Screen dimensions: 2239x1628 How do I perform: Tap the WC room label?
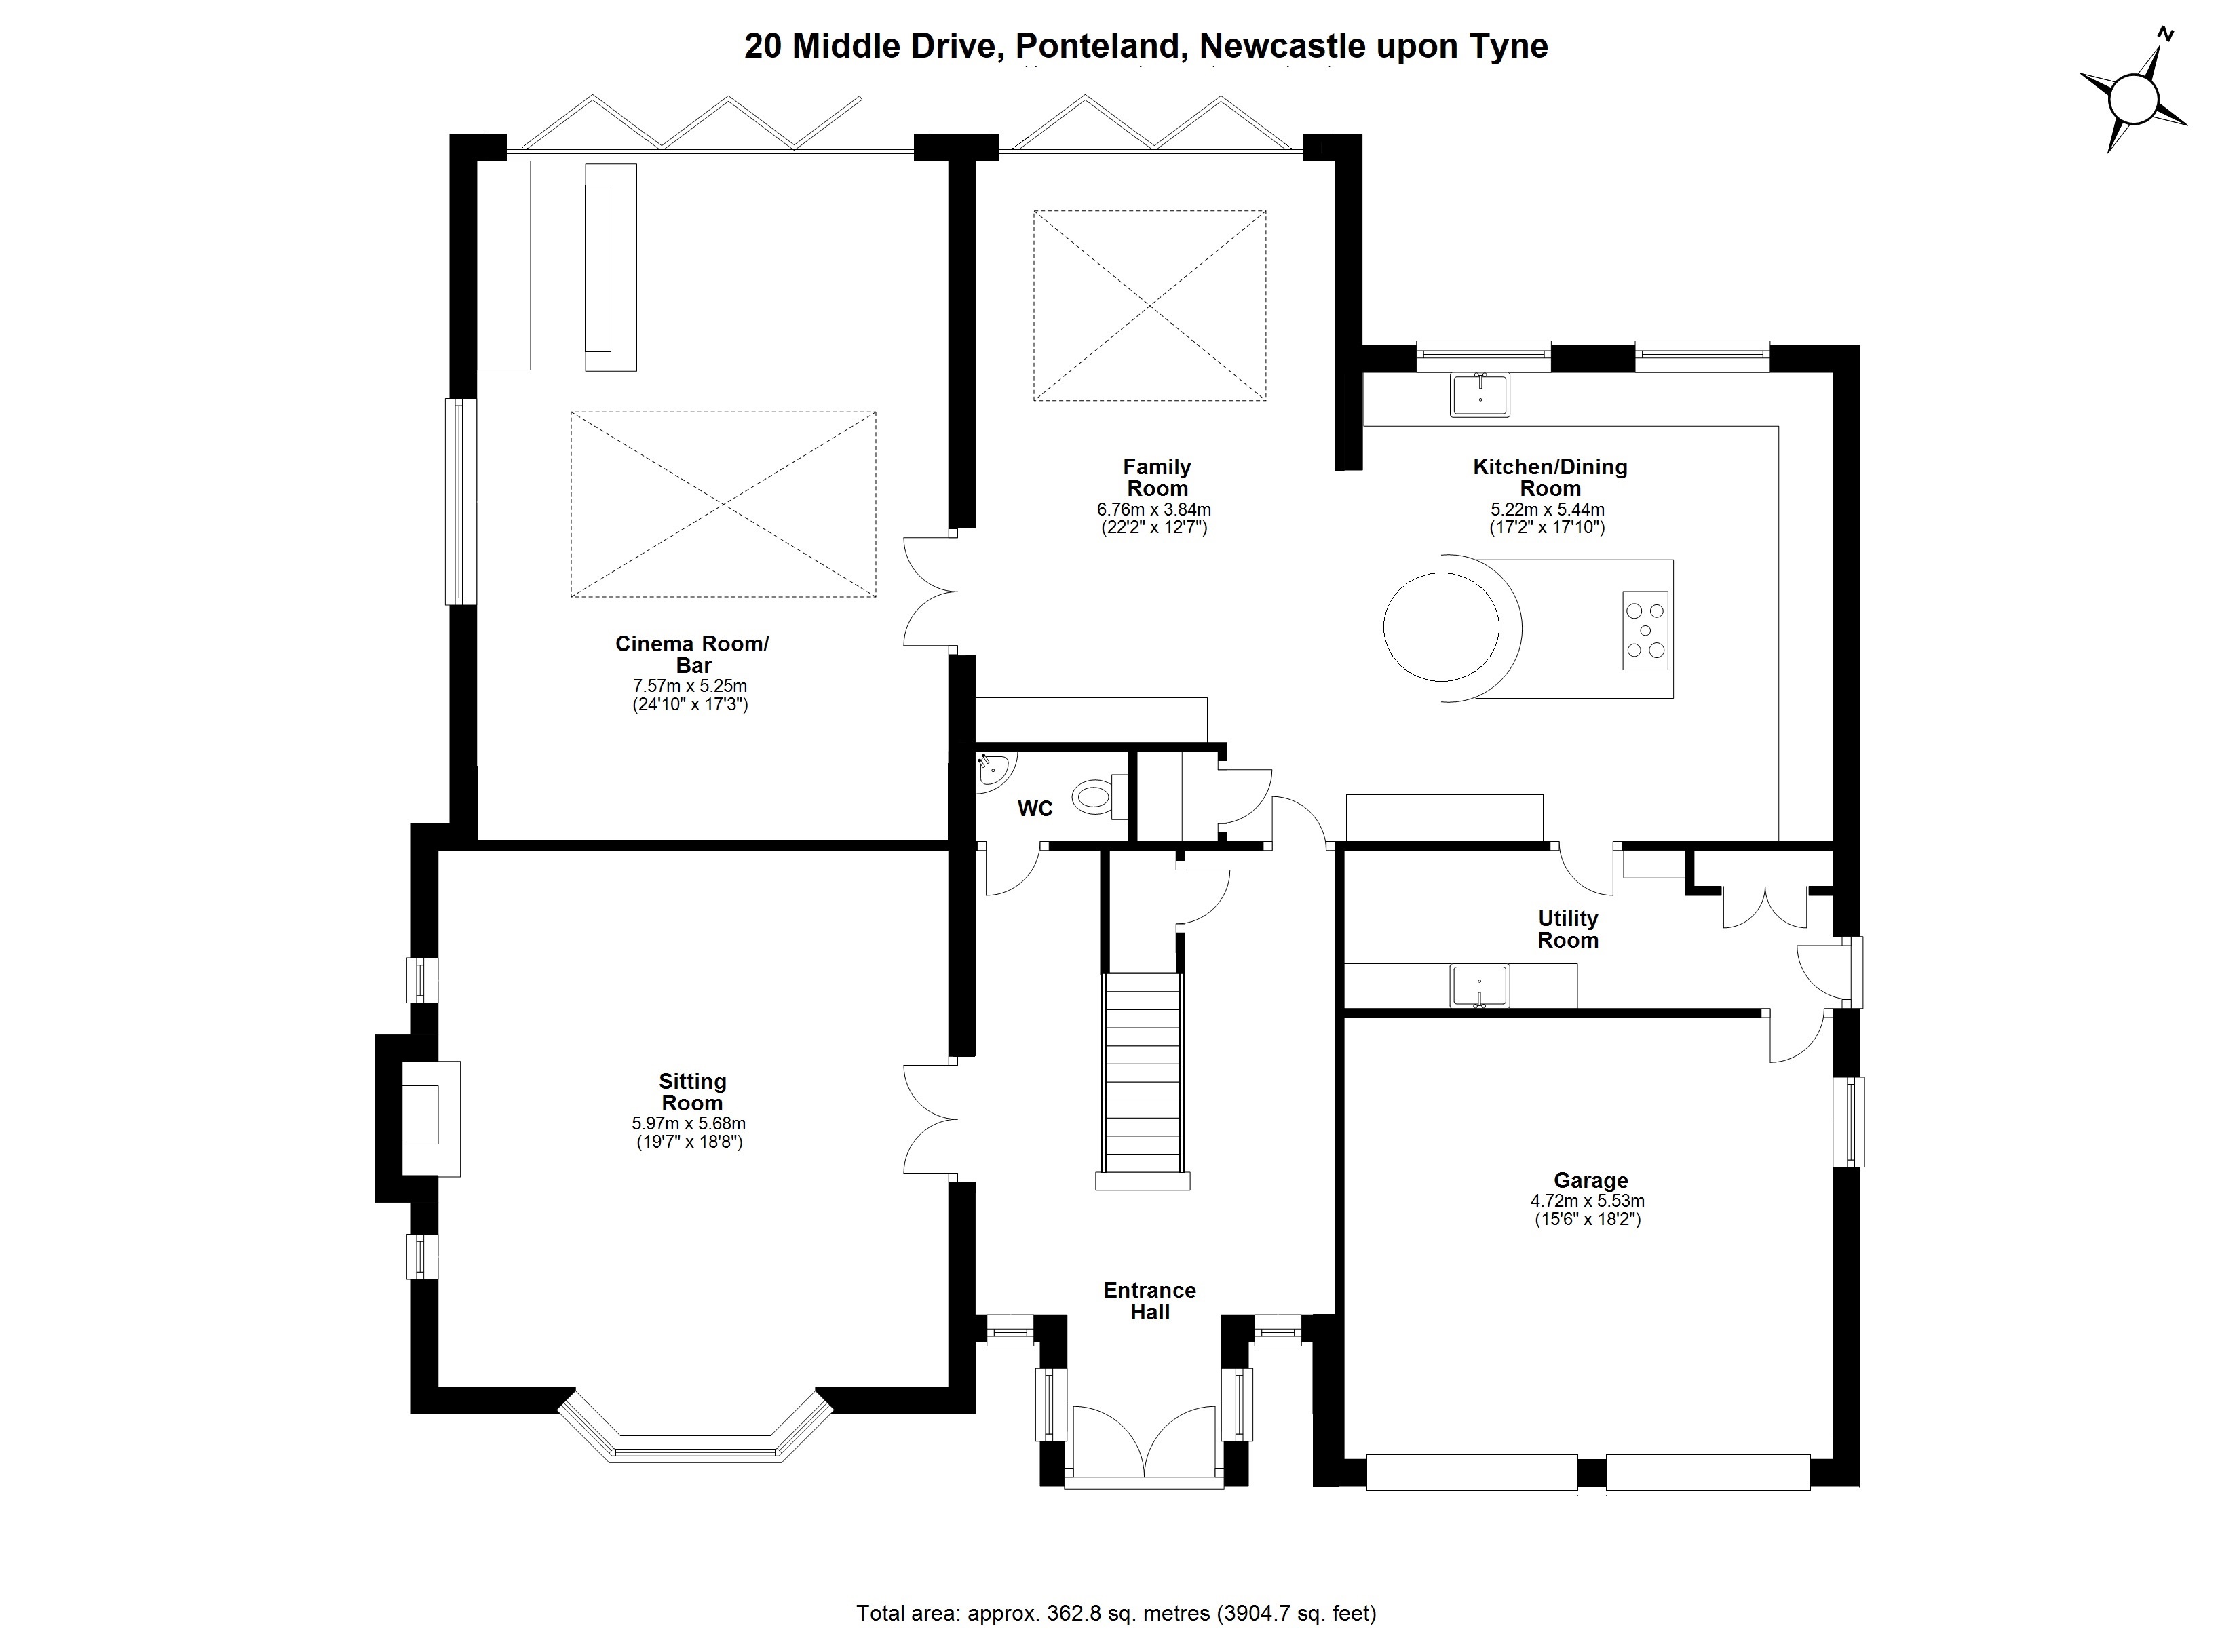tap(1035, 809)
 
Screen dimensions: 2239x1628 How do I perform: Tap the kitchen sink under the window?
tap(1480, 394)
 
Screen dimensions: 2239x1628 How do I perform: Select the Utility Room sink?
tap(1479, 986)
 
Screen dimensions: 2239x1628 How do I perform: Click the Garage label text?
tap(1590, 1180)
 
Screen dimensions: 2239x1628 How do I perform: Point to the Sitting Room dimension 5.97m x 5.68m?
tap(689, 1123)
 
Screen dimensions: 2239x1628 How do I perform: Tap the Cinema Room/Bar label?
tap(692, 655)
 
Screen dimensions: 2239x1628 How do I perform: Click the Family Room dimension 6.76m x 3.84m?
tap(1154, 510)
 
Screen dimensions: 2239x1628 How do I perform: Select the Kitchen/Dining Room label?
tap(1550, 478)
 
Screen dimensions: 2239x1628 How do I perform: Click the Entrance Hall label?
tap(1150, 1301)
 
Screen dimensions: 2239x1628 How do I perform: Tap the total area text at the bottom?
tap(1115, 1613)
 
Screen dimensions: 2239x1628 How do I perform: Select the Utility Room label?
tap(1568, 929)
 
